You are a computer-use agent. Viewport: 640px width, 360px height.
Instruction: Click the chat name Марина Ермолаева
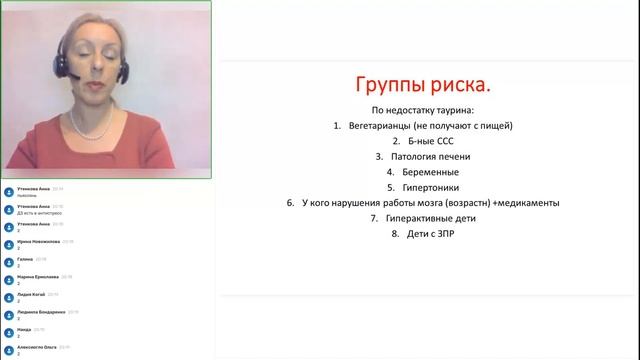click(x=40, y=276)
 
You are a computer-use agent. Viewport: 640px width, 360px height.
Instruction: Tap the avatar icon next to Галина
click(x=8, y=259)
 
